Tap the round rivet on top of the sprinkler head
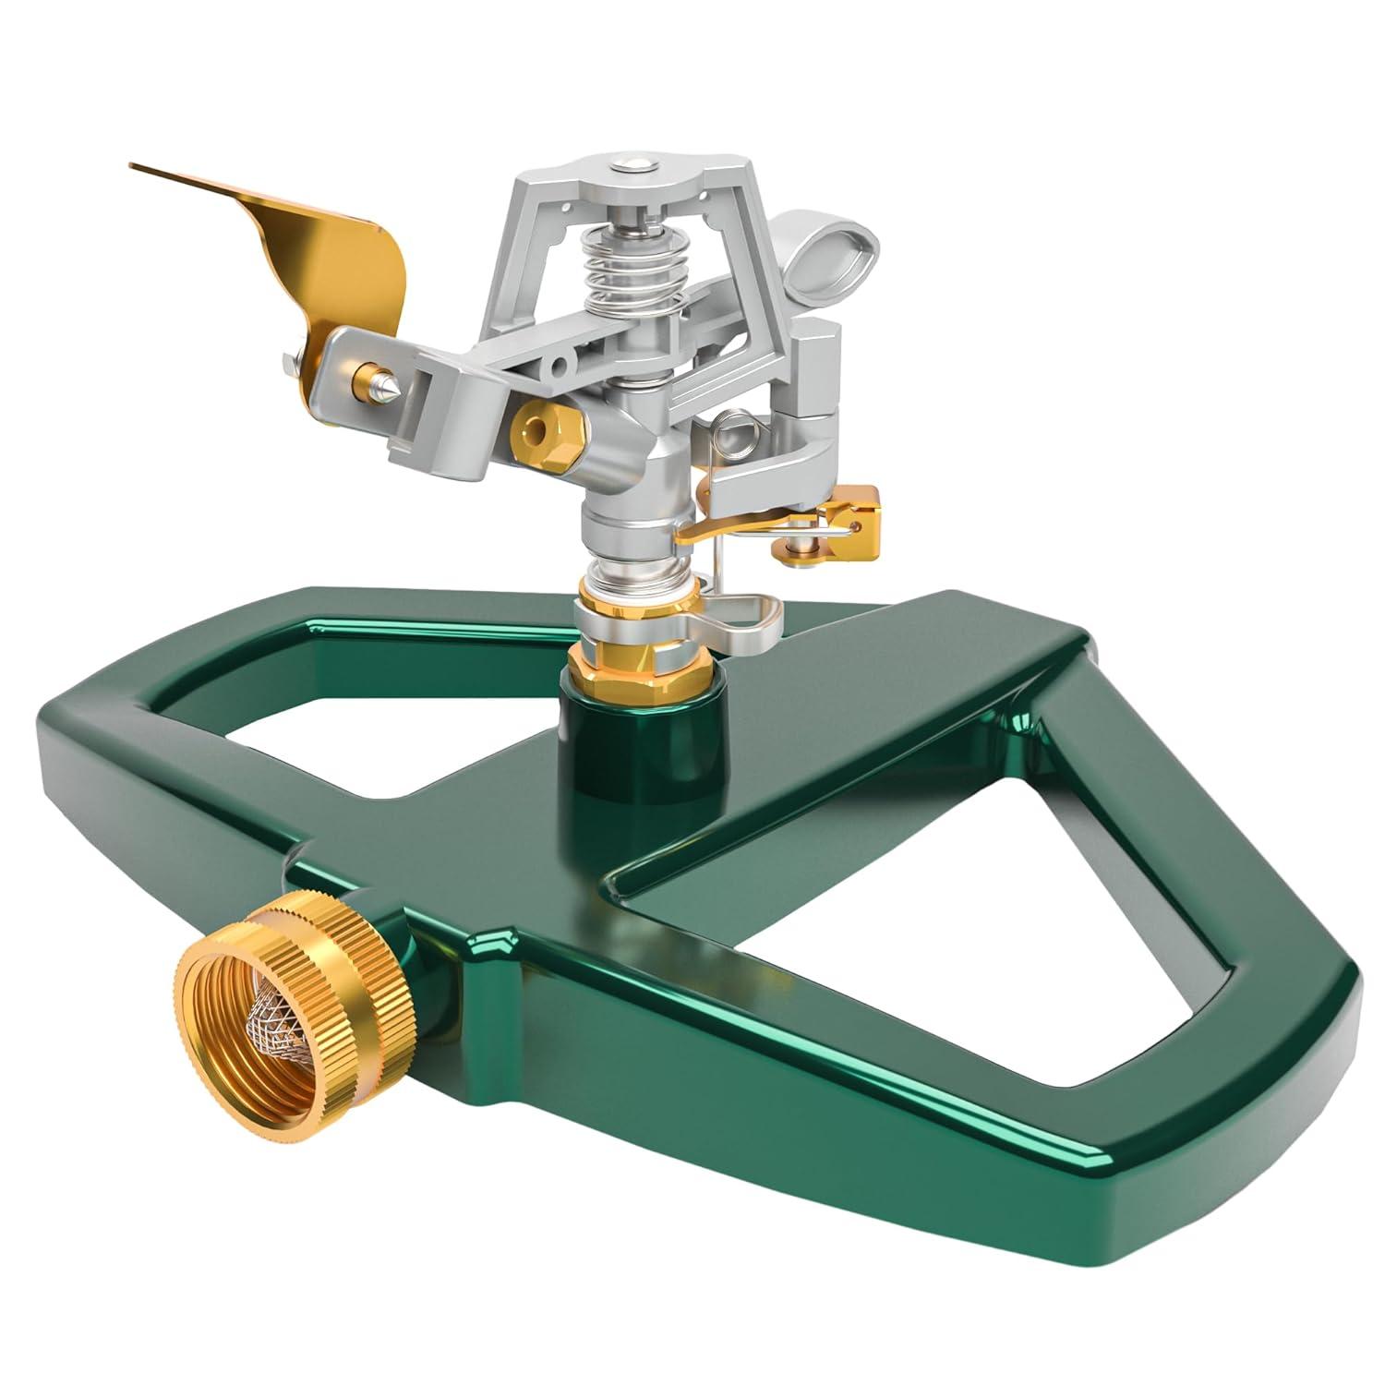coord(631,166)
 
